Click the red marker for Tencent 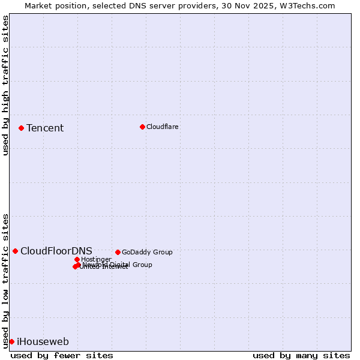coord(21,128)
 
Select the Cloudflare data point coord(142,127)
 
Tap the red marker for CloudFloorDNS coord(15,251)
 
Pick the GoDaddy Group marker coord(118,252)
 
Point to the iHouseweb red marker coord(11,341)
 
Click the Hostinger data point coord(77,259)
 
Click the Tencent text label coord(45,128)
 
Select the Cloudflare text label coord(163,127)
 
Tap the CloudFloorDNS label coord(56,251)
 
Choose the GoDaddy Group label coord(147,252)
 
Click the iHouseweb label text coord(43,342)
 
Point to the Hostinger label coord(96,259)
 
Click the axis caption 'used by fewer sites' coord(62,355)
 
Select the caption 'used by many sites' coord(301,355)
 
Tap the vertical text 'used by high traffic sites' coord(6,85)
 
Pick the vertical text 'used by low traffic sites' coord(6,281)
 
